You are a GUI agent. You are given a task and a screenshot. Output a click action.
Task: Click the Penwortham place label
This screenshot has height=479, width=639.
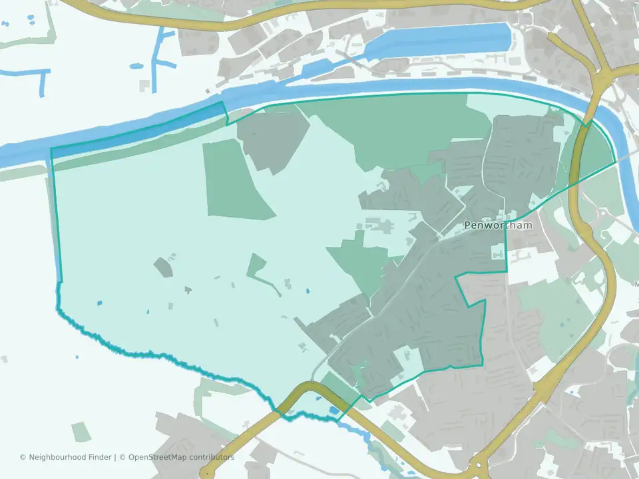pyautogui.click(x=498, y=226)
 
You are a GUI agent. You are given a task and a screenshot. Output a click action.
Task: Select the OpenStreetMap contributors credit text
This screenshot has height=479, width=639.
pyautogui.click(x=181, y=457)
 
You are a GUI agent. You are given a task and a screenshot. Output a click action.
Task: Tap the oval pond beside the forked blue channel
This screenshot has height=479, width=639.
pyautogui.click(x=136, y=67)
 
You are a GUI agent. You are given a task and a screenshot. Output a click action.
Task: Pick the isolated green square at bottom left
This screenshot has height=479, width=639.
pyautogui.click(x=81, y=432)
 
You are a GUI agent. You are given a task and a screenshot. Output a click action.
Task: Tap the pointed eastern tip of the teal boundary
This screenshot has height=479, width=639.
pyautogui.click(x=614, y=162)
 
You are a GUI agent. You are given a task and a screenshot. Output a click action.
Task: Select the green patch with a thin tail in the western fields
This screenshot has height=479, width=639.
pyautogui.click(x=260, y=269)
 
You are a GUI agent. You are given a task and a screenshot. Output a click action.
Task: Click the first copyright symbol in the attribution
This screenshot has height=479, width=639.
pyautogui.click(x=23, y=457)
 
